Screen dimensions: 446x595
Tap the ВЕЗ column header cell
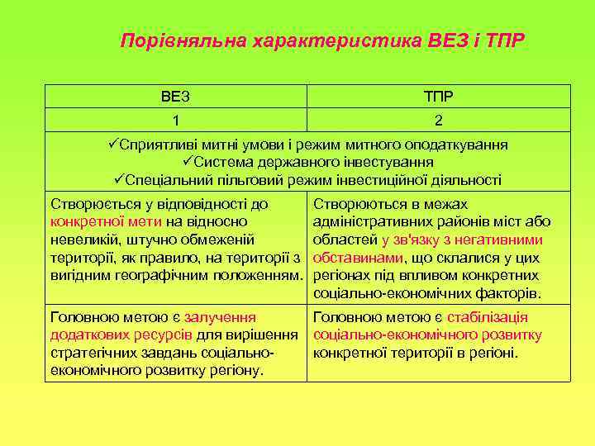click(175, 97)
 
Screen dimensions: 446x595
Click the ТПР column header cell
click(438, 97)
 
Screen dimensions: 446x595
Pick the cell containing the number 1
click(175, 121)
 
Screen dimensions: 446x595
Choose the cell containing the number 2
click(438, 121)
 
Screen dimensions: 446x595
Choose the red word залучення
click(220, 317)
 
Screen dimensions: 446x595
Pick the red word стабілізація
click(487, 317)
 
